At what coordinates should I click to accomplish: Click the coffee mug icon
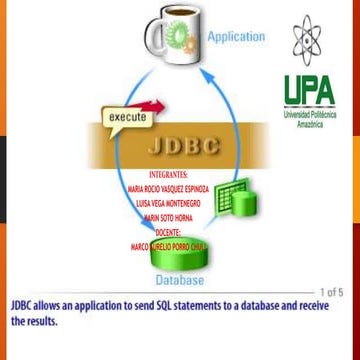(170, 39)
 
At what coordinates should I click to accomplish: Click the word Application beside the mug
(236, 37)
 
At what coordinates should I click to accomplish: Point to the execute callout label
(127, 117)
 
